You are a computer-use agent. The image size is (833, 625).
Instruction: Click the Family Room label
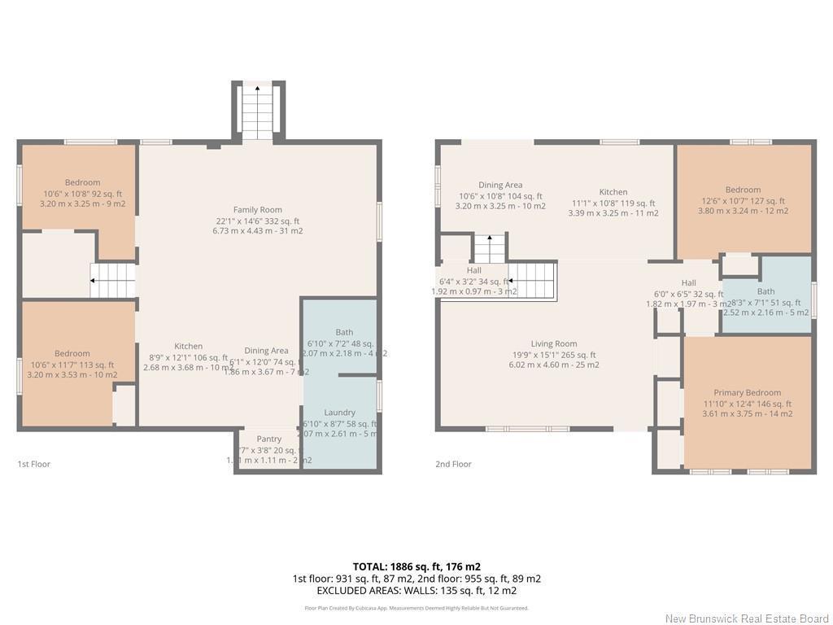[257, 210]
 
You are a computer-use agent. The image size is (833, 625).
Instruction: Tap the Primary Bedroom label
[747, 392]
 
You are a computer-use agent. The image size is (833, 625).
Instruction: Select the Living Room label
[554, 343]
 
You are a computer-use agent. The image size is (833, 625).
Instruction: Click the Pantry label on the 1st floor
[268, 439]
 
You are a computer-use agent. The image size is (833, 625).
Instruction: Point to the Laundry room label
[339, 413]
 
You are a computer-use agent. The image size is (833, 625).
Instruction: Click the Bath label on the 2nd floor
[765, 291]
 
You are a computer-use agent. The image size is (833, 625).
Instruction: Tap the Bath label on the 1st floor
[344, 332]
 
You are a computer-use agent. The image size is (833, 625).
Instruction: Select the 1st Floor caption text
[34, 464]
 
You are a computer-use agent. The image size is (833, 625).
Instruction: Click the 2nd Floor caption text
[453, 464]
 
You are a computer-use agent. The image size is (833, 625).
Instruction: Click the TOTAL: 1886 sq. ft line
[416, 566]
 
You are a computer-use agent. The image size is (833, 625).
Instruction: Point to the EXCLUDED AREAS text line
[416, 591]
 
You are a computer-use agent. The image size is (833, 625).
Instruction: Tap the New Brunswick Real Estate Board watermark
[746, 618]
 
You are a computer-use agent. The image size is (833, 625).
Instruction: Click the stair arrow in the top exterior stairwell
[258, 105]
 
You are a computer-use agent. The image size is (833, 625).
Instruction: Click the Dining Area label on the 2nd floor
[500, 186]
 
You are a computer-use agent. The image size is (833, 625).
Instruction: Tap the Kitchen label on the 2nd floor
[613, 192]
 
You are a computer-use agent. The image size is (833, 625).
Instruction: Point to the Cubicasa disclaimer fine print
[416, 608]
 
